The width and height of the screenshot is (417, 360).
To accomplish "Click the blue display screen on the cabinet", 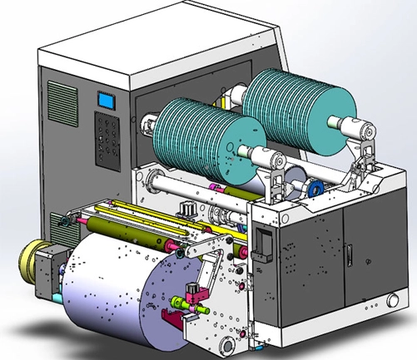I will [x=107, y=101].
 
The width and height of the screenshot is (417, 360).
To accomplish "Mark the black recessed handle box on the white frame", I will [x=262, y=242].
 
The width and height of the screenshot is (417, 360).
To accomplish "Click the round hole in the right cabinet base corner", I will [x=390, y=299].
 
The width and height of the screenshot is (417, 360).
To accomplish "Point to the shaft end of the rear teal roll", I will [x=364, y=129].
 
